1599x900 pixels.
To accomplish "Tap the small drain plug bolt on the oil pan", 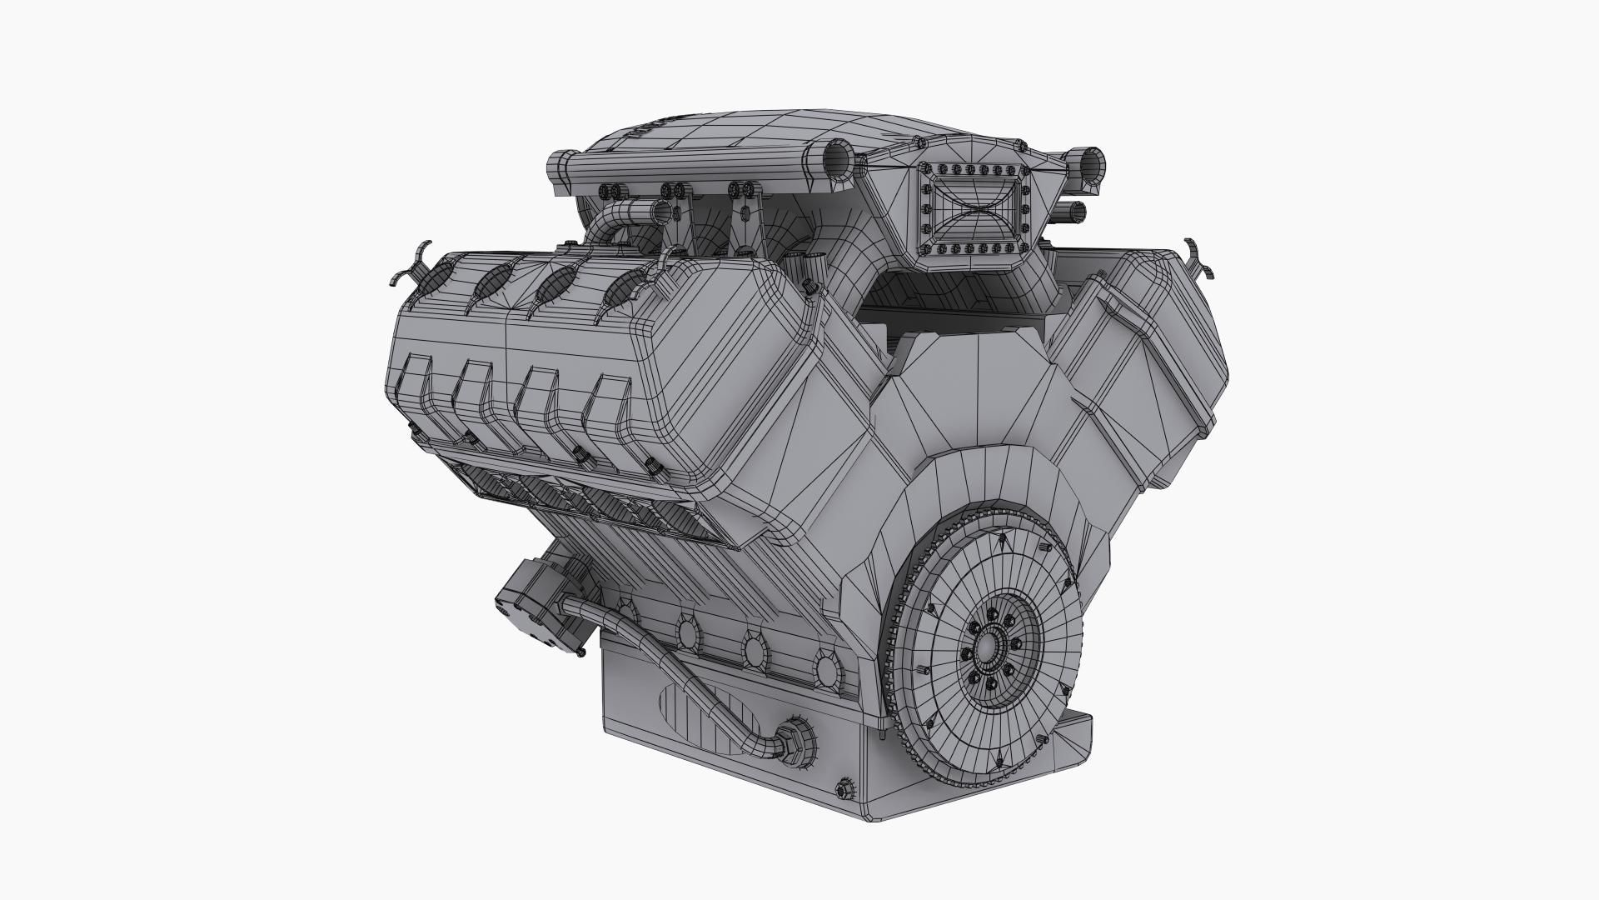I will tap(844, 787).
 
